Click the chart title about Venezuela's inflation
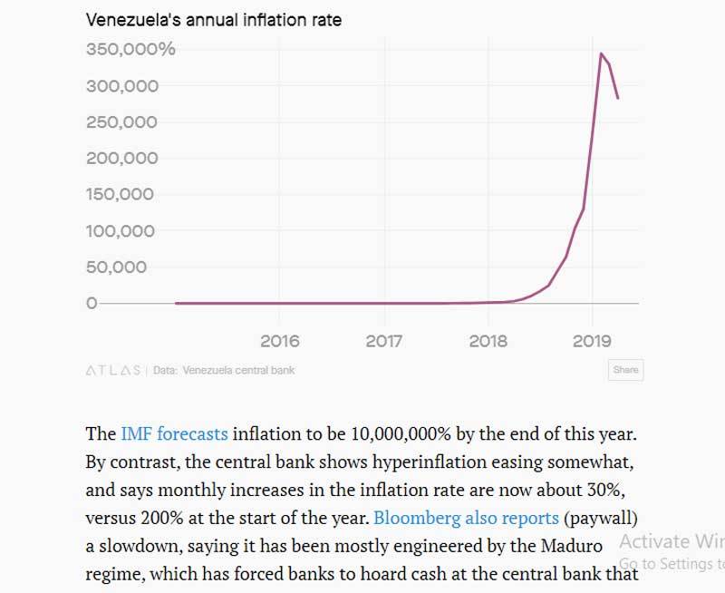(214, 19)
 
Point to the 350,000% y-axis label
(130, 49)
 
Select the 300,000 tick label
(122, 86)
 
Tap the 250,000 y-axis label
(122, 122)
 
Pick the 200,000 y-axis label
(122, 159)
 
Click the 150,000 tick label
(122, 195)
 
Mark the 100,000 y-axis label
(122, 231)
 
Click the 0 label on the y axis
(91, 303)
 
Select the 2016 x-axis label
(279, 342)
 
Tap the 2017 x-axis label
(383, 342)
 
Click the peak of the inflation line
(600, 53)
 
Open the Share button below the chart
(625, 370)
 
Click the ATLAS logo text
(113, 370)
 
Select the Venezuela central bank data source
(238, 370)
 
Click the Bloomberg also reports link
(466, 518)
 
